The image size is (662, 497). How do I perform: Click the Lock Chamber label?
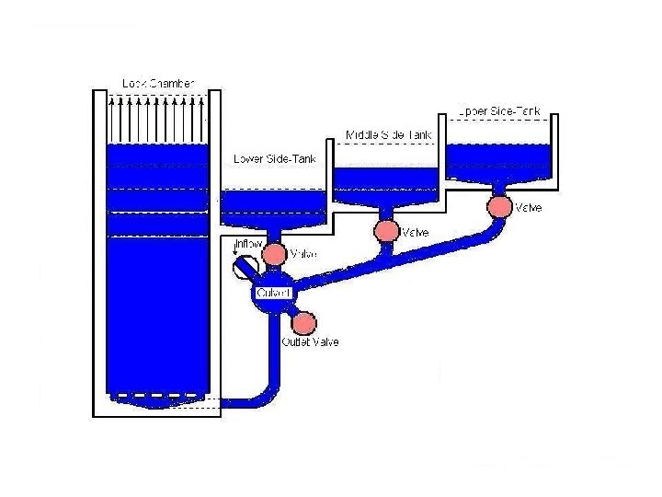(158, 83)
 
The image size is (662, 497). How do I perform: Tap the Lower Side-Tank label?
(275, 158)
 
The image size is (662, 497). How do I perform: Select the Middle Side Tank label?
(388, 135)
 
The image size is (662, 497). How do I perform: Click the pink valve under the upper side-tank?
(499, 206)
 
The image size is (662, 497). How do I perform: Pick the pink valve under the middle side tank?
(385, 230)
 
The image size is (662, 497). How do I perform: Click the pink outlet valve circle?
(303, 322)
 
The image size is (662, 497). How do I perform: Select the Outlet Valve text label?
(310, 342)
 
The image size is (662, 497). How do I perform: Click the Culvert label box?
(273, 293)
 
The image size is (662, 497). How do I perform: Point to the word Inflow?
(248, 244)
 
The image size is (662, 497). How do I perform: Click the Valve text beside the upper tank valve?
(528, 208)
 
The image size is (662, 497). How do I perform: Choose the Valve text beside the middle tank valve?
(414, 233)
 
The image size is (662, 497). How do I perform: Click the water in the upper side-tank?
(499, 160)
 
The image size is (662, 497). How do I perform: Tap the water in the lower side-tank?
(275, 204)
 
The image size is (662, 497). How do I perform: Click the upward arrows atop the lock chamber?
(158, 115)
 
